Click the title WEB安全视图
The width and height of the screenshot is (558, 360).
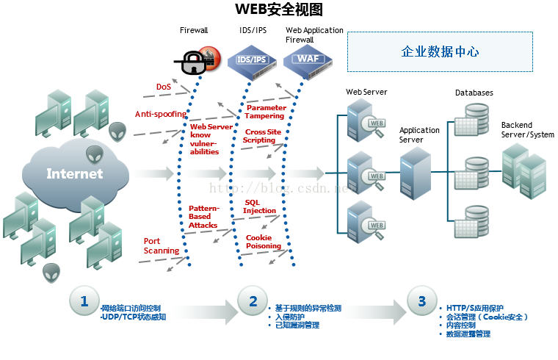(x=278, y=10)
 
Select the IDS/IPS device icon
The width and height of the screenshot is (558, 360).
(x=252, y=59)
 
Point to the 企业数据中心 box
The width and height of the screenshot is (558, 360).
(x=440, y=51)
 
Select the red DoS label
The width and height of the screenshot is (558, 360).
(x=164, y=87)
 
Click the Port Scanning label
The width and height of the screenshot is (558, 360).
(x=161, y=245)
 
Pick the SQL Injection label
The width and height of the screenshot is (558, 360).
(x=260, y=206)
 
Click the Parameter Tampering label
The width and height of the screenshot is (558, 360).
(x=267, y=112)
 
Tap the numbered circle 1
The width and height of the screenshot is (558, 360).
(x=84, y=301)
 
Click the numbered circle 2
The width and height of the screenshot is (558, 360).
(x=253, y=301)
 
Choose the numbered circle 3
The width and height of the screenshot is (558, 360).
(x=421, y=301)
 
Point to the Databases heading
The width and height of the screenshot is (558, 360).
(x=474, y=93)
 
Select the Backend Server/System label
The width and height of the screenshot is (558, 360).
(x=527, y=130)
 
